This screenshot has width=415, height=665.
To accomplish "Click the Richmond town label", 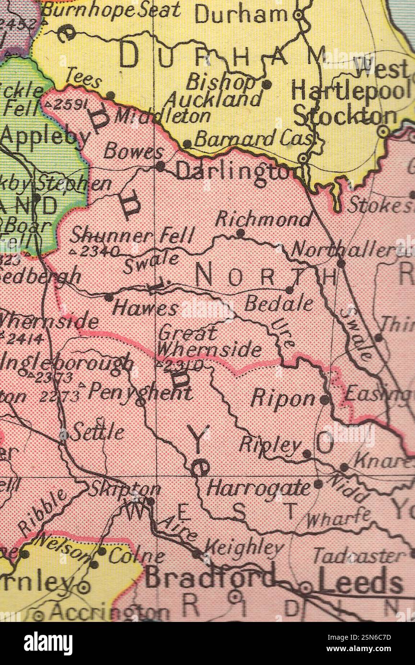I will [263, 220].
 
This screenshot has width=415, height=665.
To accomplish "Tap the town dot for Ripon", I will [325, 399].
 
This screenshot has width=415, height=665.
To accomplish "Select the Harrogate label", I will [259, 488].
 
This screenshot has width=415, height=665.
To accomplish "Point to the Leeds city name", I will [360, 583].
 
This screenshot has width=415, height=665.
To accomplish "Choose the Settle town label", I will [97, 432].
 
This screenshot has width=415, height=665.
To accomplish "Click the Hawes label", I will [145, 309].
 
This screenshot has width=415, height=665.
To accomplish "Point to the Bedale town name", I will [279, 303].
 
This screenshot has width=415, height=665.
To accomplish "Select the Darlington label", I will [233, 171].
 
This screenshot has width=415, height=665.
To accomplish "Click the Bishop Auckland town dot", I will [267, 85].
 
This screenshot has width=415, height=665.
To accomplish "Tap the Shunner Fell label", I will [132, 235].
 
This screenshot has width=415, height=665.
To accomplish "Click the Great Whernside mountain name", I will [209, 342].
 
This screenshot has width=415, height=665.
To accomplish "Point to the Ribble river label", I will [43, 512].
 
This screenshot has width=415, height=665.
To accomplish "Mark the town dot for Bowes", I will [161, 166].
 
